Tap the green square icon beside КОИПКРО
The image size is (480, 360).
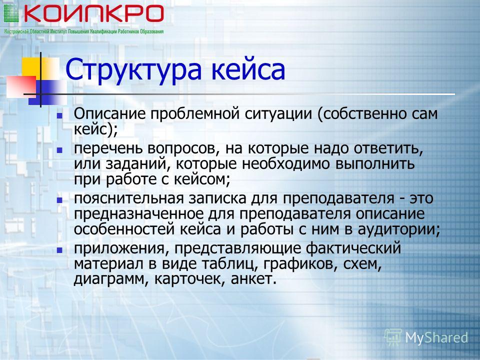point(11,13)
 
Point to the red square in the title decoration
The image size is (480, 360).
point(21,86)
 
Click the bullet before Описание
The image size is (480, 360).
point(59,116)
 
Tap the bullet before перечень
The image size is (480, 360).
point(59,150)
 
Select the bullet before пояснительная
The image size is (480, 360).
point(59,200)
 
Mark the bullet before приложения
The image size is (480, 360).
point(59,250)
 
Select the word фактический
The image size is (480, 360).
point(353,248)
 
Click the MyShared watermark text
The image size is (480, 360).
point(436,338)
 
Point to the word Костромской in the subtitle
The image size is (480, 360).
point(16,31)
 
